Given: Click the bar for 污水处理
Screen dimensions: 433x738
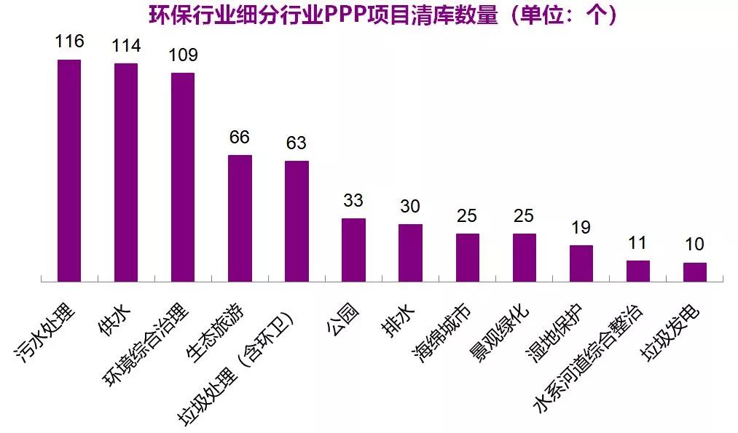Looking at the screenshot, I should click(x=69, y=170).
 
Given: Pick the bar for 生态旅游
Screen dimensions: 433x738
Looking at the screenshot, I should click(x=240, y=218).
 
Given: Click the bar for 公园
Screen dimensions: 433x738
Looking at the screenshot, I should click(x=353, y=250).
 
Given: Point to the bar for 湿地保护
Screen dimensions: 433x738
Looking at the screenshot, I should click(x=581, y=263).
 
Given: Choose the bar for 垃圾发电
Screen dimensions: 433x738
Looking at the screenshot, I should click(x=694, y=271).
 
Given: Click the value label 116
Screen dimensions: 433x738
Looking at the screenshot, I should click(x=69, y=41).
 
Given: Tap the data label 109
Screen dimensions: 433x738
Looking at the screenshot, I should click(x=183, y=55).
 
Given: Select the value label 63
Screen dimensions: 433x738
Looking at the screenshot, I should click(x=297, y=143).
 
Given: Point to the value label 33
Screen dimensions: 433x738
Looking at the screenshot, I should click(x=353, y=200).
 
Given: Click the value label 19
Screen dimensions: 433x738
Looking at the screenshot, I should click(x=581, y=228).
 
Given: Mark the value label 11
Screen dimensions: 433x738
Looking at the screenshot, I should click(x=637, y=243).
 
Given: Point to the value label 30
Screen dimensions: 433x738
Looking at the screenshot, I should click(x=410, y=207).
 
